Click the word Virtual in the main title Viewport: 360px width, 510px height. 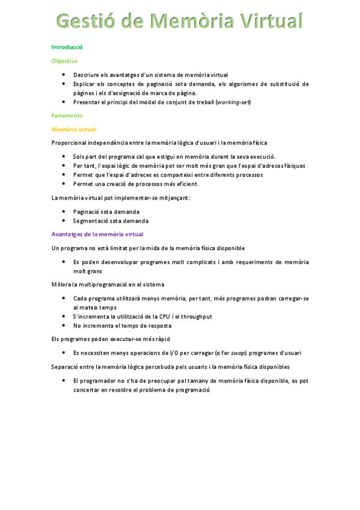point(270,22)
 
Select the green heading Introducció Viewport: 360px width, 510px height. point(67,46)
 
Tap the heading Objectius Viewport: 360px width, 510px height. point(64,61)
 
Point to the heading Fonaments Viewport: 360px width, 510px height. point(67,115)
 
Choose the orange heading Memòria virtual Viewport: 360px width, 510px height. point(74,129)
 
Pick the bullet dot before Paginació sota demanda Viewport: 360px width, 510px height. point(64,212)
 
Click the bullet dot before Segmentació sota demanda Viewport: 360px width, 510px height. point(64,221)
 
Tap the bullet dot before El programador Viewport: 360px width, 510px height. point(64,381)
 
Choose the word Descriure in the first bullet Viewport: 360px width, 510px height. point(86,75)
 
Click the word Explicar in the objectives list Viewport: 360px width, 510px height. point(85,84)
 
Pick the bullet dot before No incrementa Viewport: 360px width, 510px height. point(64,325)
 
